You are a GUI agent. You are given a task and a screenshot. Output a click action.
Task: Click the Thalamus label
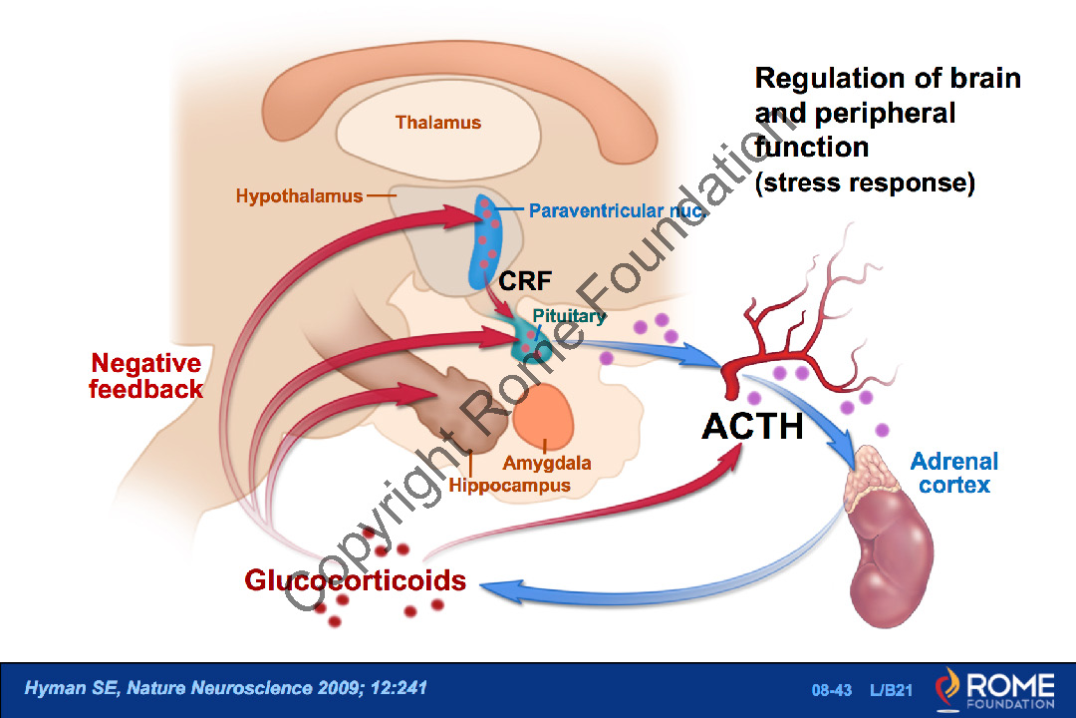click(x=437, y=124)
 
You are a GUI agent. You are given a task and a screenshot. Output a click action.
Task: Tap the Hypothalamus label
click(x=299, y=196)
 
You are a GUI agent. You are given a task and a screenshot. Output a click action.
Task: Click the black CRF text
click(x=525, y=280)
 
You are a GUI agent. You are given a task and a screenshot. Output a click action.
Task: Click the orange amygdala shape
click(x=544, y=416)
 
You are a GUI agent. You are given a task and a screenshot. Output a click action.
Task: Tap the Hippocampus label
click(x=509, y=486)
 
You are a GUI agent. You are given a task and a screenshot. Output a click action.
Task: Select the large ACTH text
click(x=752, y=426)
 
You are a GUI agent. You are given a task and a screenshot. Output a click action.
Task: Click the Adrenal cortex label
click(x=953, y=473)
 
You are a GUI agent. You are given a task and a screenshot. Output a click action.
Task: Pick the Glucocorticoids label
click(x=356, y=579)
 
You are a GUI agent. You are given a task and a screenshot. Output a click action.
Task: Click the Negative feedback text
click(x=146, y=376)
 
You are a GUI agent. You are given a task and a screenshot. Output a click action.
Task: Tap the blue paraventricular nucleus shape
click(x=487, y=244)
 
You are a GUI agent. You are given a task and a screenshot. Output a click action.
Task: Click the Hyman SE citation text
click(x=226, y=688)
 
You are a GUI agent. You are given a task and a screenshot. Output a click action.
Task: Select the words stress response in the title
click(x=864, y=183)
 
